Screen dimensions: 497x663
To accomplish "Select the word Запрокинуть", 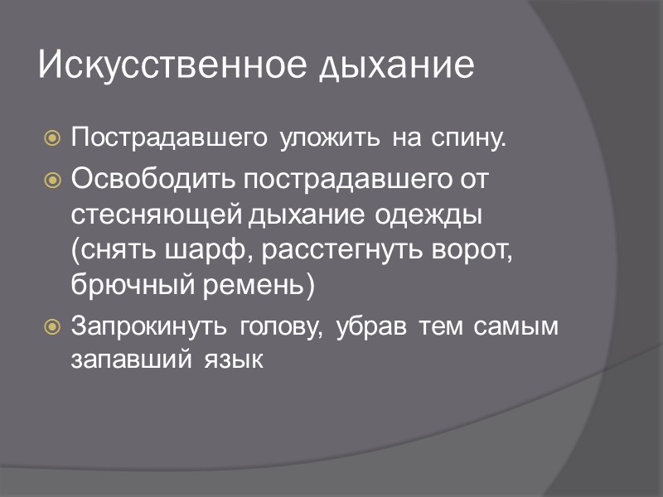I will pos(150,326).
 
